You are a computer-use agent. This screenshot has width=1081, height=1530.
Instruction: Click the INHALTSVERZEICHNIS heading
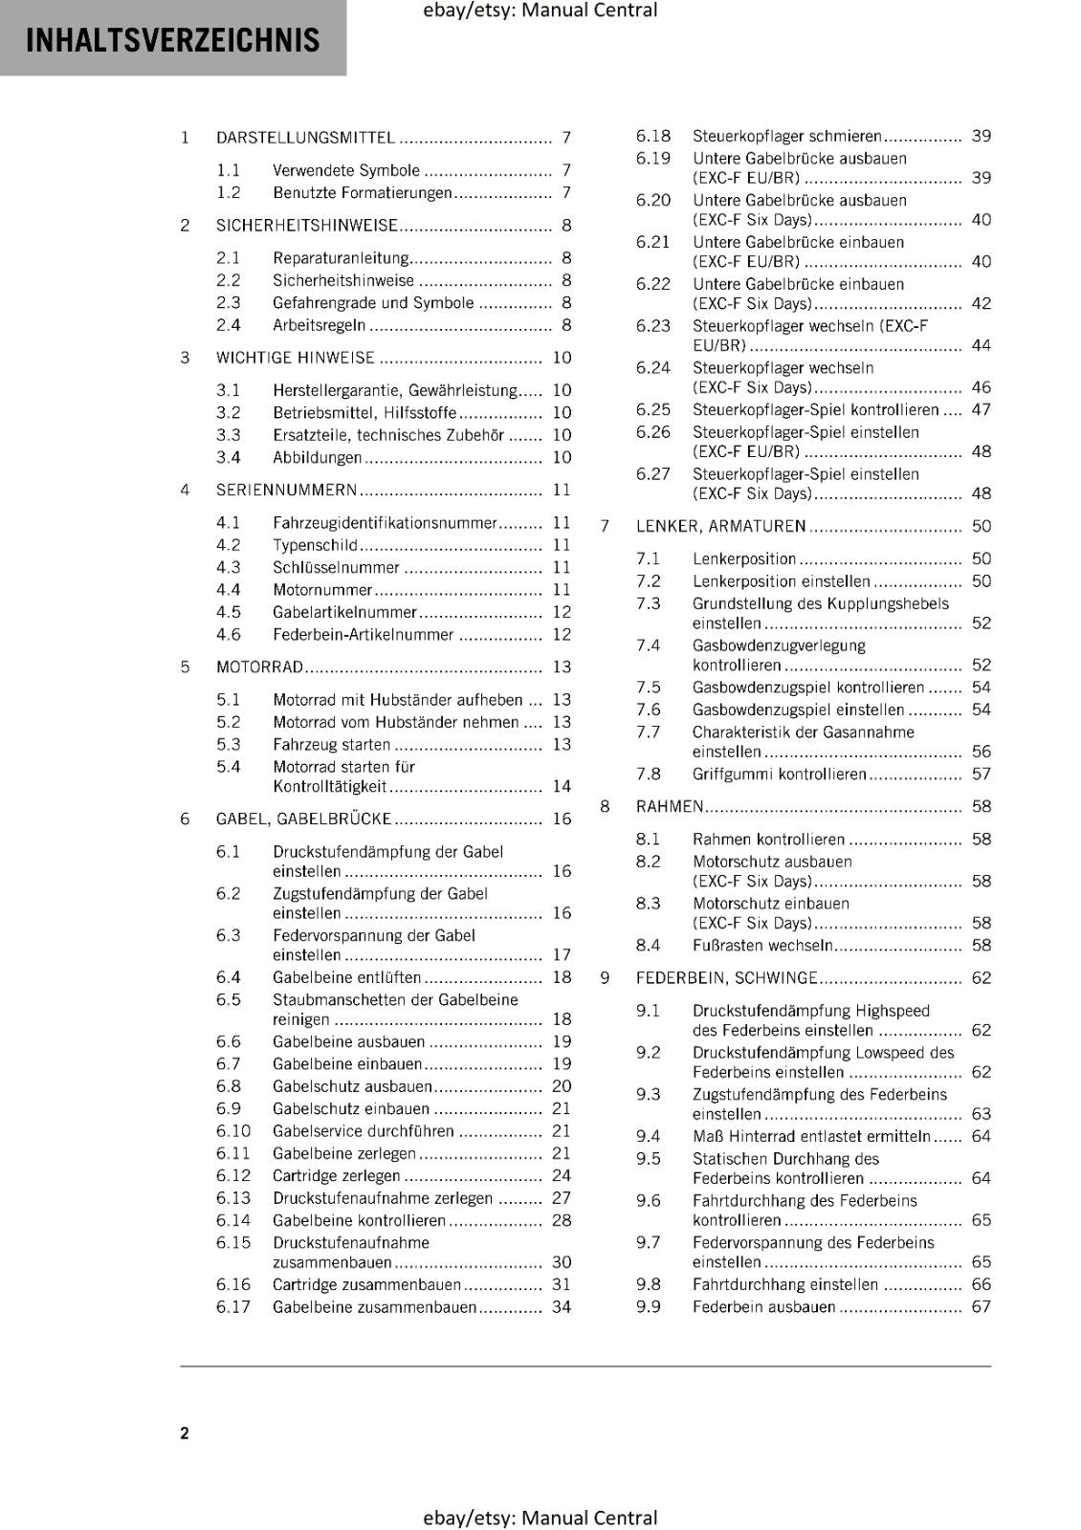[x=172, y=40]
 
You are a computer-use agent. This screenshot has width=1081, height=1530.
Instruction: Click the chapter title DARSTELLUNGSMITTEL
[x=305, y=138]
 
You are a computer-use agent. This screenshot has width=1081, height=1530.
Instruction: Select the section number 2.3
[x=228, y=302]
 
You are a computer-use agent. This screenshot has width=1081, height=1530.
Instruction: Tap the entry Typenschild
[x=315, y=545]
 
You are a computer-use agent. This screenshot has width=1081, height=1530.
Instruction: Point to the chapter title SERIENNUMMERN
[x=286, y=490]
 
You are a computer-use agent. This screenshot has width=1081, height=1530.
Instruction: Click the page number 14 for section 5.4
[x=562, y=786]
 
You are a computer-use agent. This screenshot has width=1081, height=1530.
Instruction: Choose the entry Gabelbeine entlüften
[x=346, y=977]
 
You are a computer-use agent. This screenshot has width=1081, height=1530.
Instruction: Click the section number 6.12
[x=232, y=1175]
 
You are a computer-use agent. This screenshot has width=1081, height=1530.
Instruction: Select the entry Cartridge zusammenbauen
[x=366, y=1284]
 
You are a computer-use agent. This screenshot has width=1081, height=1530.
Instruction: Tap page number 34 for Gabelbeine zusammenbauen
[x=562, y=1306]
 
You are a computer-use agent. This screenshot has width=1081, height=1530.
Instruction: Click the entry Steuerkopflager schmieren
[x=787, y=136]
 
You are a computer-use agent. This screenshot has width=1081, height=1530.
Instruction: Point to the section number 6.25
[x=652, y=409]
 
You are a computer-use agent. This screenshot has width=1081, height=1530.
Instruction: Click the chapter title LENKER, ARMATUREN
[x=720, y=526]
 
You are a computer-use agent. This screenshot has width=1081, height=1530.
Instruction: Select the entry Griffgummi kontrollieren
[x=779, y=774]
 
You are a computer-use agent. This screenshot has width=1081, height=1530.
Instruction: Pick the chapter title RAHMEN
[x=670, y=806]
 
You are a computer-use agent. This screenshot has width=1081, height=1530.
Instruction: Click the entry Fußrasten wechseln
[x=762, y=945]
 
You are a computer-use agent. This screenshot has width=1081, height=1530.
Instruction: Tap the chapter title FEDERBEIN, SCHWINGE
[x=726, y=977]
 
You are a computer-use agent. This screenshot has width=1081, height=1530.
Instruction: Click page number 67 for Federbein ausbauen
[x=982, y=1306]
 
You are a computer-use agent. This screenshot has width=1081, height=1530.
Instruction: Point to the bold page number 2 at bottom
[x=185, y=1432]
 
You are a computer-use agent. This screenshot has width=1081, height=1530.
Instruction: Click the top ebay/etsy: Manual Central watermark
[x=540, y=11]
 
